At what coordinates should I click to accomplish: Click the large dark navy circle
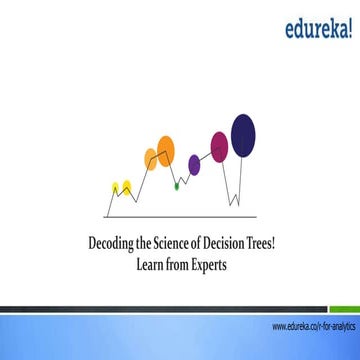point(243,132)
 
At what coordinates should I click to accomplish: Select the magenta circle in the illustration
point(219,147)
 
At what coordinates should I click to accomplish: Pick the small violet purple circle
point(195,163)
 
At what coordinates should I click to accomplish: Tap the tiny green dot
point(176,184)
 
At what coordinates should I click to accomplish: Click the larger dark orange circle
point(165,150)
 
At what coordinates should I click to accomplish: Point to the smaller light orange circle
point(152,155)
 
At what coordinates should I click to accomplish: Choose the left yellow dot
point(117,186)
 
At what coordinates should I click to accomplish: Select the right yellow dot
point(127,186)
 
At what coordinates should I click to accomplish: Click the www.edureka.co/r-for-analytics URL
point(312,326)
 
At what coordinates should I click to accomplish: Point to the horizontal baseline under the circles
point(180,215)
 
